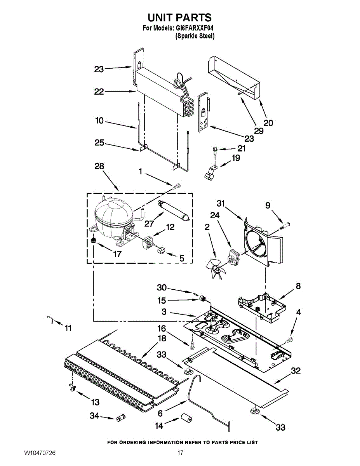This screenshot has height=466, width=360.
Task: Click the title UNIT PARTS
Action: pyautogui.click(x=179, y=17)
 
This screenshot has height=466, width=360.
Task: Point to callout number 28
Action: pyautogui.click(x=99, y=167)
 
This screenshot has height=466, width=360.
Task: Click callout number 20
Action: pyautogui.click(x=268, y=123)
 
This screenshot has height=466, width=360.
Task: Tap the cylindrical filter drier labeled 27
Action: pyautogui.click(x=173, y=210)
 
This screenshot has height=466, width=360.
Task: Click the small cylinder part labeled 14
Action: pyautogui.click(x=185, y=419)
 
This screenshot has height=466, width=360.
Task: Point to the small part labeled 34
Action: pyautogui.click(x=119, y=418)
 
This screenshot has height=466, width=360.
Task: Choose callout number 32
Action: pyautogui.click(x=296, y=371)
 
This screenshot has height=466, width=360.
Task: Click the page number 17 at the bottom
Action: pyautogui.click(x=180, y=453)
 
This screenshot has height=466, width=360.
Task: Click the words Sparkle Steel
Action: pyautogui.click(x=195, y=36)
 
